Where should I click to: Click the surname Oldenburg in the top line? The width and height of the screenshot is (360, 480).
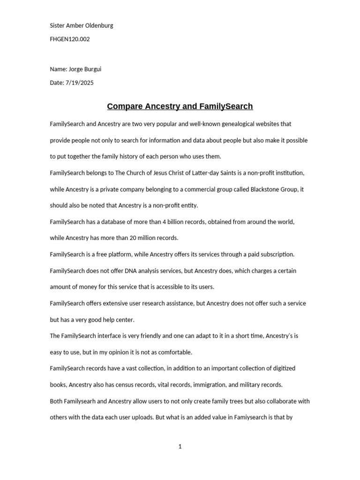98,25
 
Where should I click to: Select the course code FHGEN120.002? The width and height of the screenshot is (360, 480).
70,39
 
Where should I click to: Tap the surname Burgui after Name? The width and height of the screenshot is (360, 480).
91,69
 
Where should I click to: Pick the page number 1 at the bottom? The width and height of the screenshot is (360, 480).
180,446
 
